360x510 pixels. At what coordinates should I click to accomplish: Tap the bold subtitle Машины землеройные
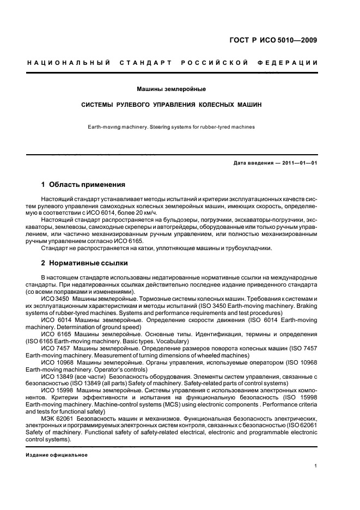[172, 88]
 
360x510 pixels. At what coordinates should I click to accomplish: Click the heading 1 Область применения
[83, 185]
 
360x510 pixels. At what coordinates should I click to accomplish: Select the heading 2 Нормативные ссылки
[84, 263]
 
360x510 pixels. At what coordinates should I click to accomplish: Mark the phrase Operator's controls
[105, 368]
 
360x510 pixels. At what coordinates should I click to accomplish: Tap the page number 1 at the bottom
[316, 466]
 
